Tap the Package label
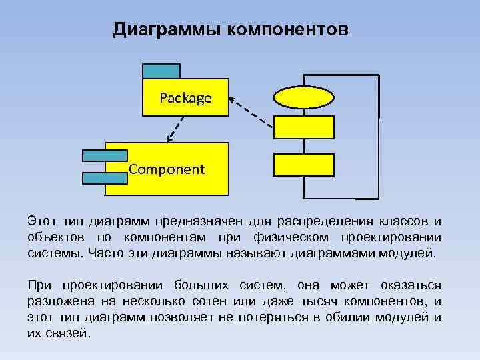pyautogui.click(x=185, y=98)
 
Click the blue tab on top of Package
pyautogui.click(x=161, y=71)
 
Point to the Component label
pyautogui.click(x=167, y=169)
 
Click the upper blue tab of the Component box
pyautogui.click(x=104, y=155)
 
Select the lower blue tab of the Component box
pyautogui.click(x=104, y=178)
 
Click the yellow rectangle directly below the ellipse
pyautogui.click(x=303, y=127)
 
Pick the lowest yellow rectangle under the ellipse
pyautogui.click(x=303, y=164)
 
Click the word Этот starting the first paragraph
pyautogui.click(x=41, y=221)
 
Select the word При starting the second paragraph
pyautogui.click(x=39, y=285)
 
